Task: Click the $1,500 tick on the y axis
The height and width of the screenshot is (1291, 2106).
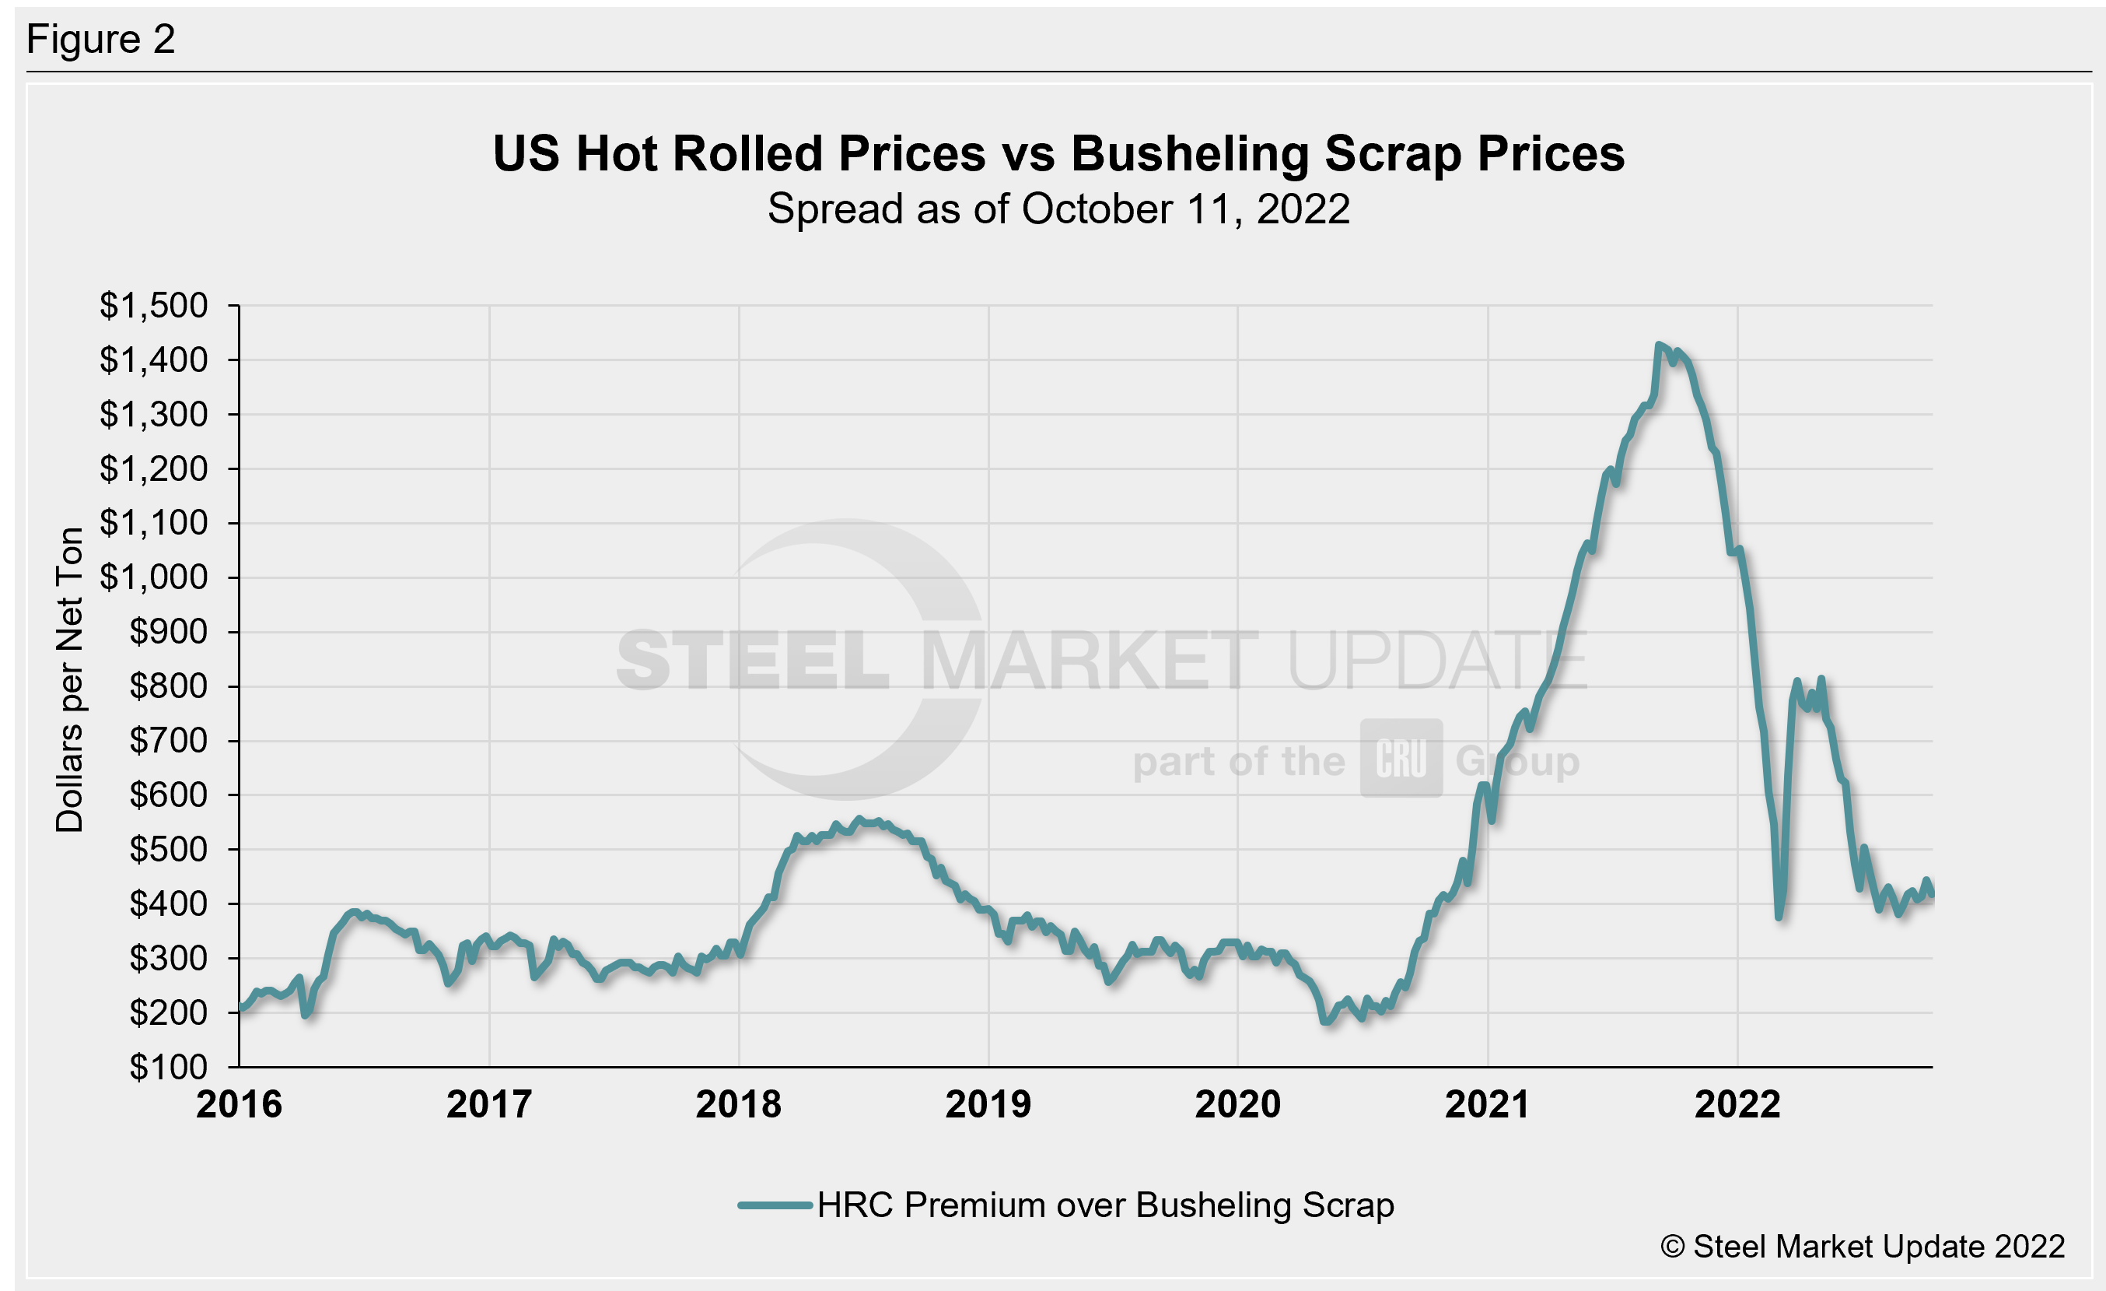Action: (154, 305)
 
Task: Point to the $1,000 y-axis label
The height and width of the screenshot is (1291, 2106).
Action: (154, 577)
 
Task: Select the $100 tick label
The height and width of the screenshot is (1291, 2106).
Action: (169, 1067)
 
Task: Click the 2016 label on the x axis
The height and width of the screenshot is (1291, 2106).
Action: (239, 1104)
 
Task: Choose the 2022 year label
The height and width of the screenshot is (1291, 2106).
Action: (1737, 1104)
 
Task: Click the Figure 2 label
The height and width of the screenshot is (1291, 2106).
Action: (101, 40)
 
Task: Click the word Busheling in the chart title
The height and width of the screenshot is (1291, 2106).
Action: (1189, 154)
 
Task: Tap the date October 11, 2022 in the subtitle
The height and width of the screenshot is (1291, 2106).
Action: (1185, 209)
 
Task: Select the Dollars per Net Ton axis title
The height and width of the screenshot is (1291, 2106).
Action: (70, 679)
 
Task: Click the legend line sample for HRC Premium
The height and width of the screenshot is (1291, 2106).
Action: (775, 1205)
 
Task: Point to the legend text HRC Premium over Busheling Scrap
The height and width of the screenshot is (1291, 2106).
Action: (1105, 1205)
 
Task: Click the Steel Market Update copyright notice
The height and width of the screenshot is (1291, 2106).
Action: (1863, 1247)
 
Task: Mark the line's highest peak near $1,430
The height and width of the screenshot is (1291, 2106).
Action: (1658, 345)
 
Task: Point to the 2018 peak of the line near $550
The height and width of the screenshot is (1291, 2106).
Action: (860, 819)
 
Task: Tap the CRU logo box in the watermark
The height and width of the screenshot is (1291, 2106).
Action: (1401, 759)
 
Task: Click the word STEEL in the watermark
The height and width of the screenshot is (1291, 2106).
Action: (752, 660)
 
